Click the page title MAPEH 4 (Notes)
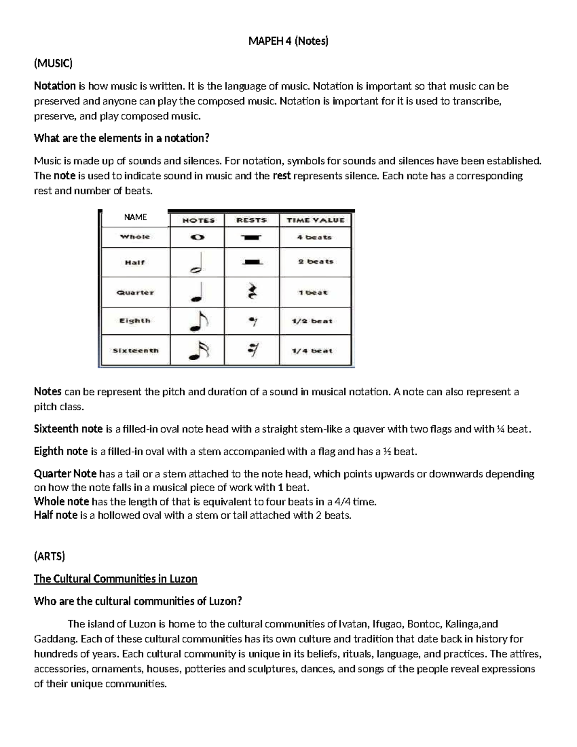[x=288, y=41]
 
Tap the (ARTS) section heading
[x=49, y=557]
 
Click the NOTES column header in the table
[x=198, y=220]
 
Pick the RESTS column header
[x=251, y=220]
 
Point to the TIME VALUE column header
[x=315, y=220]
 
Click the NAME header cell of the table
[x=135, y=217]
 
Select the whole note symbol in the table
[x=197, y=237]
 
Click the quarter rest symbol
[x=252, y=292]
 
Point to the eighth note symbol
[x=198, y=321]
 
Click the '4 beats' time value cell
[x=314, y=237]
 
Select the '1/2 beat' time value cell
[x=312, y=321]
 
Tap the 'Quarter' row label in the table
[x=135, y=292]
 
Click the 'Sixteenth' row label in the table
[x=135, y=351]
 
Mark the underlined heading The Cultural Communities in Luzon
[x=115, y=579]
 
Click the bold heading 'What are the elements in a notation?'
[x=122, y=139]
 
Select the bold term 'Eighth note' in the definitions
[x=61, y=451]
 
